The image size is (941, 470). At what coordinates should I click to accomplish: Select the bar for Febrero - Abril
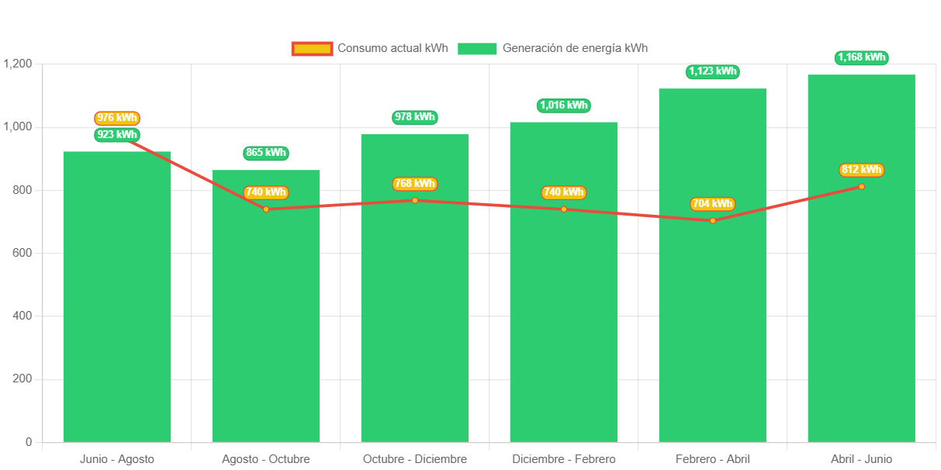(712, 310)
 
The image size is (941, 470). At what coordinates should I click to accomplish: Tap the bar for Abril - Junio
(861, 310)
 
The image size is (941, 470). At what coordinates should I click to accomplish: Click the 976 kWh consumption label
(117, 118)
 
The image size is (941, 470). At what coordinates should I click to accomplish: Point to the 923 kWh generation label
(117, 135)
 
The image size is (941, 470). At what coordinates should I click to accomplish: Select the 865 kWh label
(266, 153)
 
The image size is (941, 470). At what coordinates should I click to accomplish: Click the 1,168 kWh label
(862, 57)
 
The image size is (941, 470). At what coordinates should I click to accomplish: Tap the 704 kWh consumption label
(712, 204)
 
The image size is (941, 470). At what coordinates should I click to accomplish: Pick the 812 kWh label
(861, 170)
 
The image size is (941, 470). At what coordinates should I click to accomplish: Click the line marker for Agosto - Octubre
(266, 209)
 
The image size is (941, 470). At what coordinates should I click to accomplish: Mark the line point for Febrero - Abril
(712, 220)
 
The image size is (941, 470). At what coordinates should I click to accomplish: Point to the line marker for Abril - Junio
(861, 186)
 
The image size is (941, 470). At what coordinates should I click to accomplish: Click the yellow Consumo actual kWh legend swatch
(312, 49)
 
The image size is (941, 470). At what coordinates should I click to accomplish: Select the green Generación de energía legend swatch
(476, 49)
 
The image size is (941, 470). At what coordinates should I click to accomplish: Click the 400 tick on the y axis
(22, 316)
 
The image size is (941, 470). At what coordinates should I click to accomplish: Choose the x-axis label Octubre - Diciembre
(415, 459)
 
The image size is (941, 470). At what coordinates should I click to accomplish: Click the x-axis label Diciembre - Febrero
(564, 459)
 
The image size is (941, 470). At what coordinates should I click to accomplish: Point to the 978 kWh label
(415, 117)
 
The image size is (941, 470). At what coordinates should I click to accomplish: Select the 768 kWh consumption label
(415, 184)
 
